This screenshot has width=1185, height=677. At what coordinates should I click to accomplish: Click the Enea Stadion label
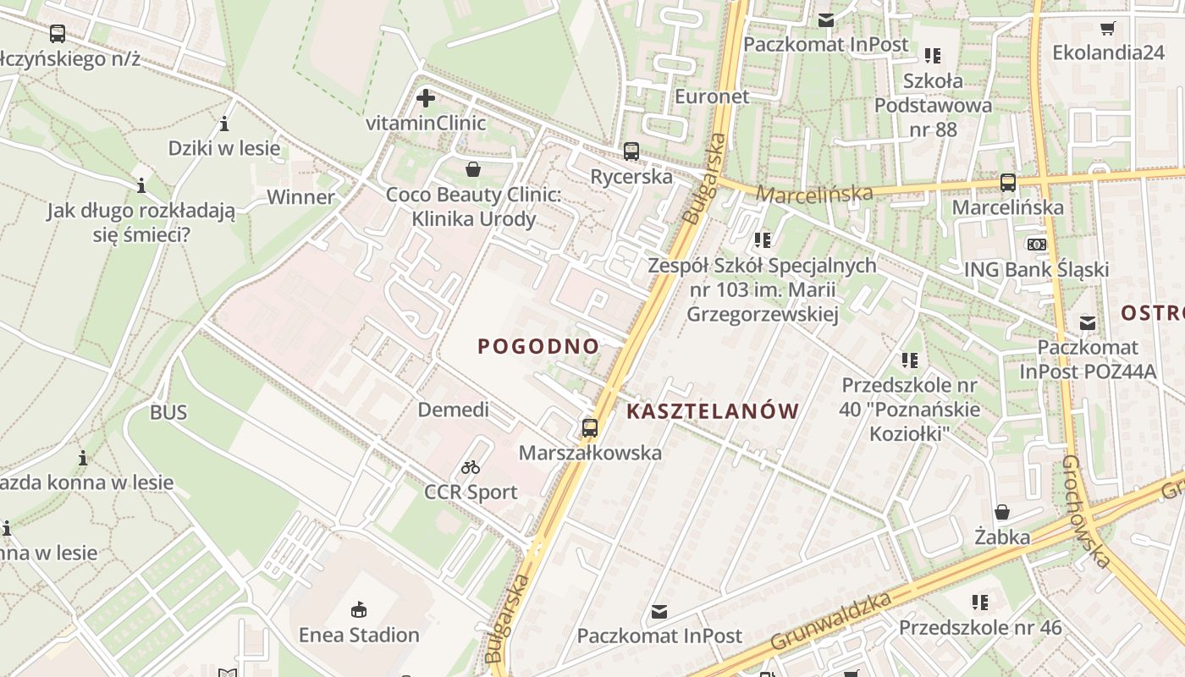[359, 635]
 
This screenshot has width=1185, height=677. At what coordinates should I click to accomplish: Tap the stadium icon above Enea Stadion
[359, 609]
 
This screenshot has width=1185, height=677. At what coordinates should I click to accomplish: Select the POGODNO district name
[538, 346]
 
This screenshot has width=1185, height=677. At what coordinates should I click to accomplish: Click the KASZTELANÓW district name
[713, 412]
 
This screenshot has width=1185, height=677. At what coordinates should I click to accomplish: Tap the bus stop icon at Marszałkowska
[590, 428]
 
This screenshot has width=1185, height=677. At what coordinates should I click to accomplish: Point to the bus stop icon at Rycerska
[631, 151]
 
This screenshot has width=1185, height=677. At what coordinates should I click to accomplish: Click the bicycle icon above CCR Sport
[471, 467]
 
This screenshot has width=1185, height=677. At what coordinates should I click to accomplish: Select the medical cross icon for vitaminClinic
[426, 99]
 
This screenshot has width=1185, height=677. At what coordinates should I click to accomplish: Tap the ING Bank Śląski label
[1037, 269]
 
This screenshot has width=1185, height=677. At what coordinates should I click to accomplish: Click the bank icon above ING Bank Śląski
[1037, 245]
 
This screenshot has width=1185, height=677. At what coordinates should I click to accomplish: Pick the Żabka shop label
[1002, 537]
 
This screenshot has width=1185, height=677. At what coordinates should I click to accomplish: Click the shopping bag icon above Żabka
[1002, 513]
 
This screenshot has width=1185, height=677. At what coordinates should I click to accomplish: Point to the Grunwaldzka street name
[832, 622]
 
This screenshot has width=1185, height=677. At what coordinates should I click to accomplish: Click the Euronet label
[712, 96]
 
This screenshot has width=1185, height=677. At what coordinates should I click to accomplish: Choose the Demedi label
[454, 410]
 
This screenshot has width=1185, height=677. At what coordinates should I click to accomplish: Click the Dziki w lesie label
[224, 149]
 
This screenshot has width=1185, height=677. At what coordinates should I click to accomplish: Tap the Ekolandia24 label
[1109, 52]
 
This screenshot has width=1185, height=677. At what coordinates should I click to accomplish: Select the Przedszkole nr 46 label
[980, 628]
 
